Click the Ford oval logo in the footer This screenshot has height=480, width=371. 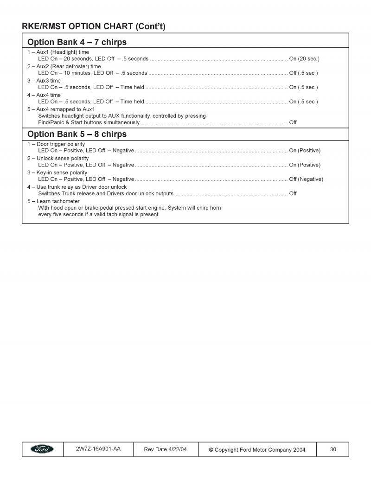[x=42, y=449]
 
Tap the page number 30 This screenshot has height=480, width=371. [x=333, y=449]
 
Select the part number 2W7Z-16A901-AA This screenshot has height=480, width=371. [x=98, y=449]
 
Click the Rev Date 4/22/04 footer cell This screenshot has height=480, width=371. [x=166, y=449]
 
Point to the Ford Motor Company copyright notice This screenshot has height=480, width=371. [x=257, y=449]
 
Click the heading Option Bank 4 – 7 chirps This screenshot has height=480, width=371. [x=77, y=42]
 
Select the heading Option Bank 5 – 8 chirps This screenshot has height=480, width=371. [x=77, y=134]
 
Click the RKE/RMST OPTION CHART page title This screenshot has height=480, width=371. [x=93, y=26]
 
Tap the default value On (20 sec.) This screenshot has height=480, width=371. [x=304, y=59]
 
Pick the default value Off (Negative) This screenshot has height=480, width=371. [x=306, y=179]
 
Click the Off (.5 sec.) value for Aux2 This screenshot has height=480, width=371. [x=303, y=73]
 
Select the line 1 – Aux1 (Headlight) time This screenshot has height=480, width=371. [x=58, y=52]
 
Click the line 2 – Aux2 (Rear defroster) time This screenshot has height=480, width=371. [x=64, y=66]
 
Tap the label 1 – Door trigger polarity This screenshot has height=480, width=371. [x=56, y=144]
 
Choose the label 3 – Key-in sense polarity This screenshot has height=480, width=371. [x=57, y=173]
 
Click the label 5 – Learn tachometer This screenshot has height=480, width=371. [x=53, y=201]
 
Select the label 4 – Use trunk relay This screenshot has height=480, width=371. [x=77, y=187]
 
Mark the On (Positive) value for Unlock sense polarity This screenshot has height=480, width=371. [x=305, y=165]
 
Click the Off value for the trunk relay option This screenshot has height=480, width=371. [x=293, y=193]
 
